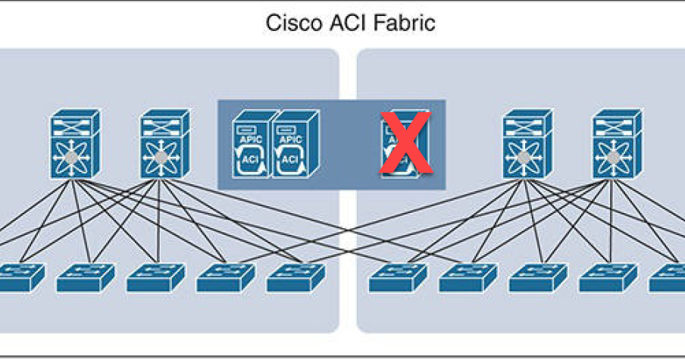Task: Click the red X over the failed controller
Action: [405, 142]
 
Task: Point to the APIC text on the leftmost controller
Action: [249, 139]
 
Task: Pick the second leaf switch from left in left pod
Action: [85, 277]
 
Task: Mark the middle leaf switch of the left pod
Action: [155, 277]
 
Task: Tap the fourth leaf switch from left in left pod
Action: [225, 277]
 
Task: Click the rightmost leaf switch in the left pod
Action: [296, 277]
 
